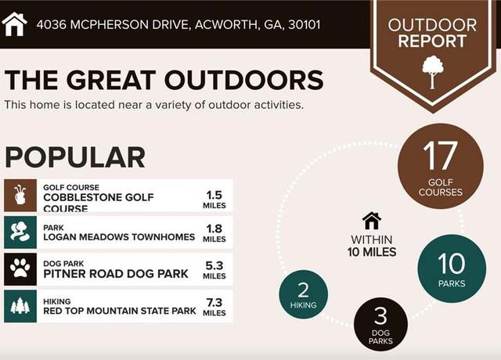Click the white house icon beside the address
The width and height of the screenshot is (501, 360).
pos(14,24)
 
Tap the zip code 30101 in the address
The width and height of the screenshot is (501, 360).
pos(305,24)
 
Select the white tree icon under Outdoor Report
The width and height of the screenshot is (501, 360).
pos(433,72)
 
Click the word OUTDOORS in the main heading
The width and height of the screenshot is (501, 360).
pos(244,80)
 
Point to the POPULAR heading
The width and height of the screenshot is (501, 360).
pos(75,157)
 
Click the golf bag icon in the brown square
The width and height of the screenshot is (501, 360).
pos(20,195)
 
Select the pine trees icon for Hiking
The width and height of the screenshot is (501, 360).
pos(20,305)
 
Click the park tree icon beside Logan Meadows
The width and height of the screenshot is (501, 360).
pos(20,232)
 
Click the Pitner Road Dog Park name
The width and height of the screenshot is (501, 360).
pos(116,274)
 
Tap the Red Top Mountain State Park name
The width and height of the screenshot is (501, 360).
pos(120,311)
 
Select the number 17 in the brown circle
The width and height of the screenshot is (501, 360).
pos(440,156)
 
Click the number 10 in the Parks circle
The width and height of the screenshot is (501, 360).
pos(452,264)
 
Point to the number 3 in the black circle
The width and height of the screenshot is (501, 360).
pos(380,316)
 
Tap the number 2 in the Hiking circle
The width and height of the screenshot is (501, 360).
pos(303,290)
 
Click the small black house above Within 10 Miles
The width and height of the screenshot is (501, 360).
pos(372,221)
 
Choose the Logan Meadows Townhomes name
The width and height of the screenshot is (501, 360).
pos(119,237)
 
